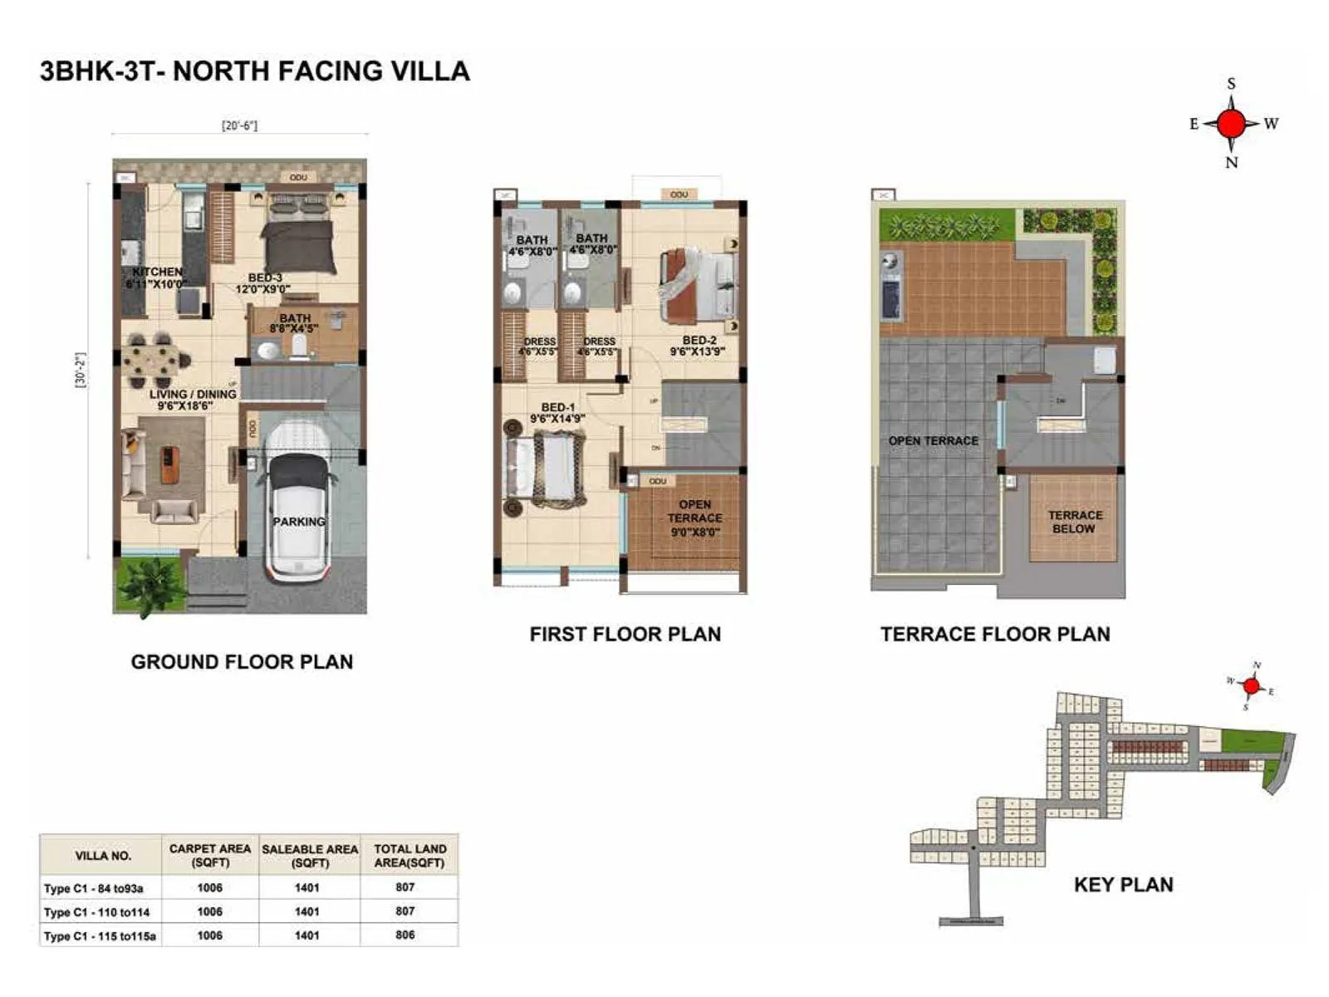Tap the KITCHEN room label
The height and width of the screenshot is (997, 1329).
pyautogui.click(x=157, y=277)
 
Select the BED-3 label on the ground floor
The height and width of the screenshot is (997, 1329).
pyautogui.click(x=264, y=283)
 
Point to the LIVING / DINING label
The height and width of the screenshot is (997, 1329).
pyautogui.click(x=192, y=399)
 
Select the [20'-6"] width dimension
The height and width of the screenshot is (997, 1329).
pyautogui.click(x=239, y=125)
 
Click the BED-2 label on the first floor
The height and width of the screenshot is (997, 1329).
pyautogui.click(x=699, y=346)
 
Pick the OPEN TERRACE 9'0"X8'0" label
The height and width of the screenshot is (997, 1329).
pyautogui.click(x=694, y=518)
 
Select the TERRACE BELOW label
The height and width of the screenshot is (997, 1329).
pyautogui.click(x=1075, y=522)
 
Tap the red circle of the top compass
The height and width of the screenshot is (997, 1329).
pyautogui.click(x=1231, y=124)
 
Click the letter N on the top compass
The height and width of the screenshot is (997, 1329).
pyautogui.click(x=1231, y=163)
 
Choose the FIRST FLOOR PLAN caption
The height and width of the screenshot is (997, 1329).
pyautogui.click(x=625, y=634)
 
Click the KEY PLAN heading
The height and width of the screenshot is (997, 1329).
pyautogui.click(x=1123, y=884)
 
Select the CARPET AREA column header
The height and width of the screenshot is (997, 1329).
pyautogui.click(x=209, y=855)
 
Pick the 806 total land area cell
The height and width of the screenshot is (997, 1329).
pyautogui.click(x=405, y=935)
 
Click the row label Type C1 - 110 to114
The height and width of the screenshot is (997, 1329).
pyautogui.click(x=96, y=911)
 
